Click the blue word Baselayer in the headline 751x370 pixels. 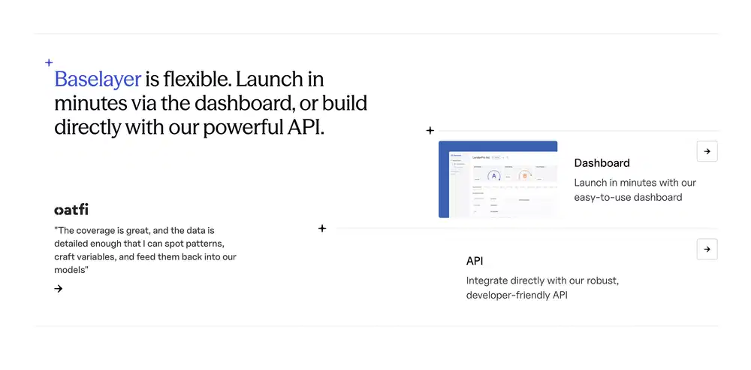(x=98, y=79)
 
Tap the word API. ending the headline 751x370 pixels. (x=306, y=126)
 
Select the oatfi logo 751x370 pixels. (x=71, y=210)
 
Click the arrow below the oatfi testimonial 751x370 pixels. (x=59, y=288)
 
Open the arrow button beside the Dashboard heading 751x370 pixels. (x=707, y=151)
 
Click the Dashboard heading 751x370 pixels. (x=602, y=162)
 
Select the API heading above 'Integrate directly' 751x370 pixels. (x=475, y=261)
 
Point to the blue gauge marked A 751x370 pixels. (x=494, y=176)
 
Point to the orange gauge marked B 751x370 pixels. (x=525, y=176)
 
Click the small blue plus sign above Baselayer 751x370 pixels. (x=50, y=63)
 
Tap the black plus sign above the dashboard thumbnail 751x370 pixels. (x=430, y=131)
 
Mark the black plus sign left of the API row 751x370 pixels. (x=322, y=229)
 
